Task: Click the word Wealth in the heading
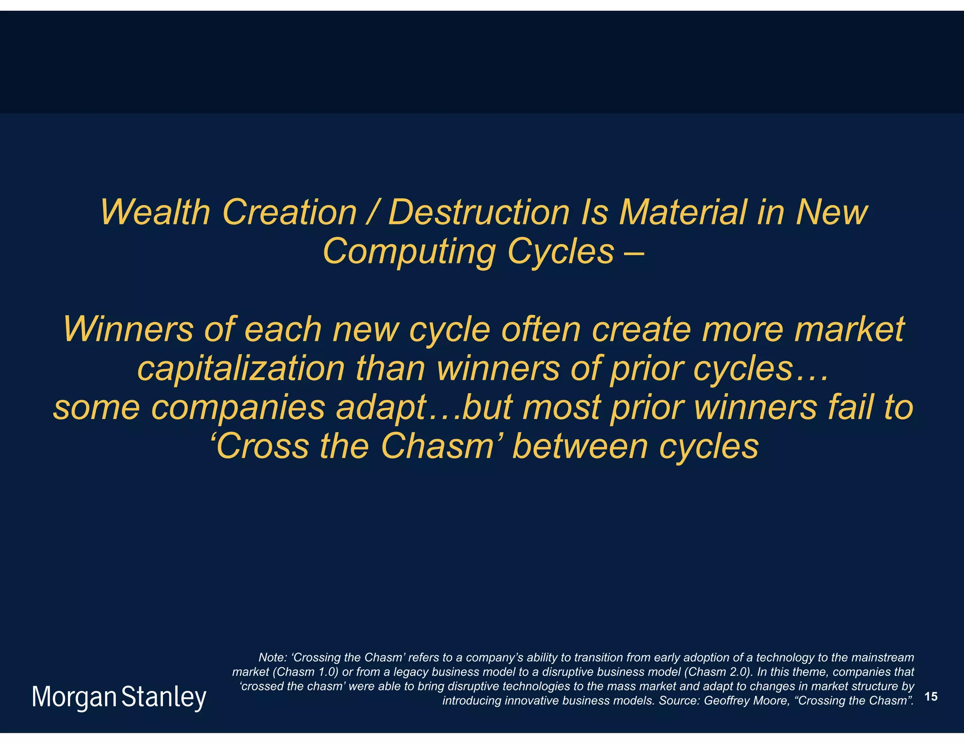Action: [x=155, y=212]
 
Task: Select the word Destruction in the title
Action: [x=478, y=212]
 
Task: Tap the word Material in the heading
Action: [x=683, y=212]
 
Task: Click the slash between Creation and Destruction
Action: [x=372, y=212]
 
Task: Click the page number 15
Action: [x=931, y=697]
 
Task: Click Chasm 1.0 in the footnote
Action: [x=306, y=672]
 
